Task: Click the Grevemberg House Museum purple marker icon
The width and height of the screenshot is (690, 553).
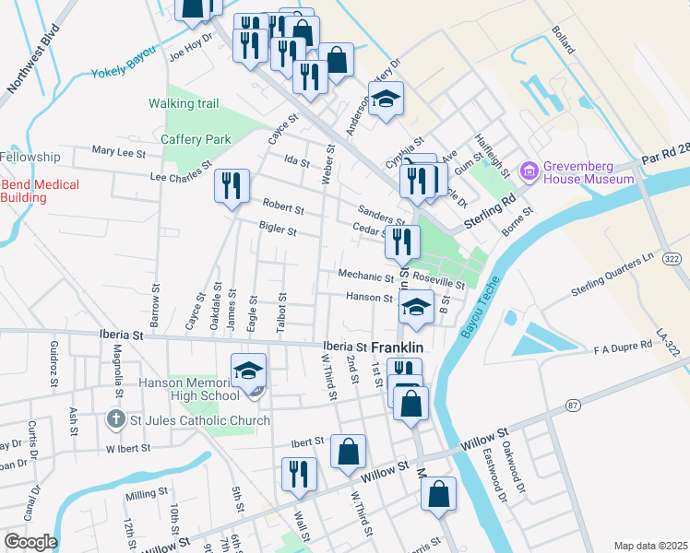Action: (x=529, y=171)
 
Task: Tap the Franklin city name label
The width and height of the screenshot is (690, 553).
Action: (x=398, y=348)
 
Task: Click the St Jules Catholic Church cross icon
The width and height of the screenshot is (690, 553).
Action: (x=114, y=420)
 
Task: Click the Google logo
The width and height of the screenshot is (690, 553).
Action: (x=30, y=542)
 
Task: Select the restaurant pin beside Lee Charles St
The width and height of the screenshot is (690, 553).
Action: (x=232, y=185)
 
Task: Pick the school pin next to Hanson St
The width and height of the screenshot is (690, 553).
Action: (x=416, y=307)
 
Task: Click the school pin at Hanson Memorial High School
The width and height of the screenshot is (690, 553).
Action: (x=248, y=371)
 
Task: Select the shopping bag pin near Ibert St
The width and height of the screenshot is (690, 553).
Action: (x=348, y=452)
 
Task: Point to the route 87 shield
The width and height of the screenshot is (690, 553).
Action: (x=573, y=405)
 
